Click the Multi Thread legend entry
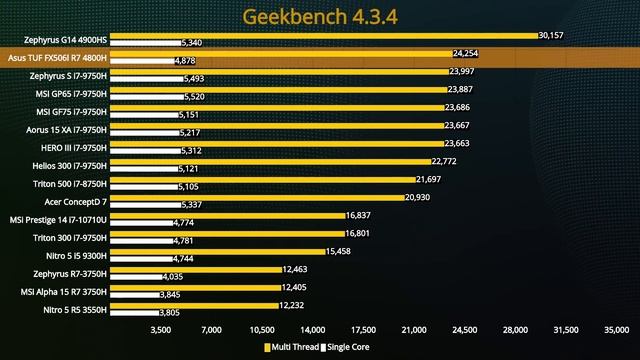[296, 347]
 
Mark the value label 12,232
[293, 305]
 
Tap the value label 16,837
[358, 215]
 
